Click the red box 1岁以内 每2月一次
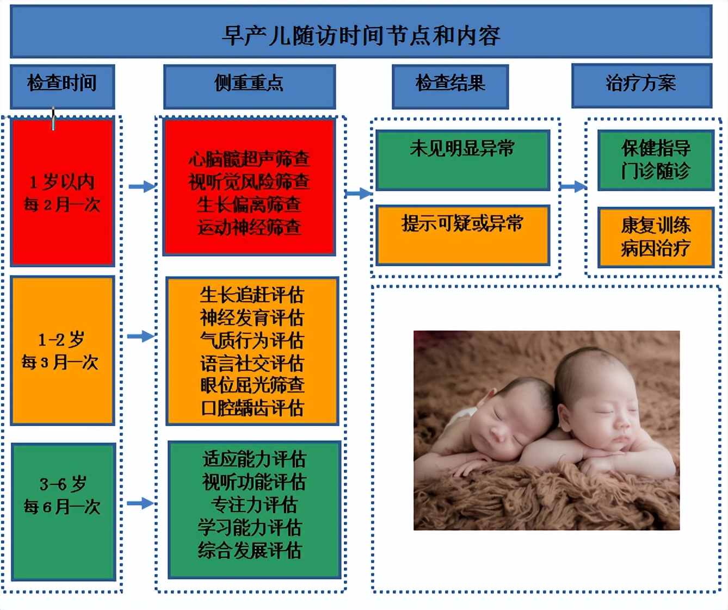(63, 192)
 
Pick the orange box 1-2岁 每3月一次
(62, 350)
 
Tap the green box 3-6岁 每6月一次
(63, 511)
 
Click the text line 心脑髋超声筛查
(249, 159)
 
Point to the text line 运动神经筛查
(249, 227)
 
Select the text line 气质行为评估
(252, 341)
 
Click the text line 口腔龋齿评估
(252, 408)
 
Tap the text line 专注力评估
(254, 505)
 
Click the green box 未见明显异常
(462, 160)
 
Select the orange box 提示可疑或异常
(462, 234)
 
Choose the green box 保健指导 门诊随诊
(655, 160)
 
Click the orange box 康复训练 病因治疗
(655, 237)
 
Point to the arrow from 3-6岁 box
(140, 503)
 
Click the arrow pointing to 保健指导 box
(573, 187)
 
